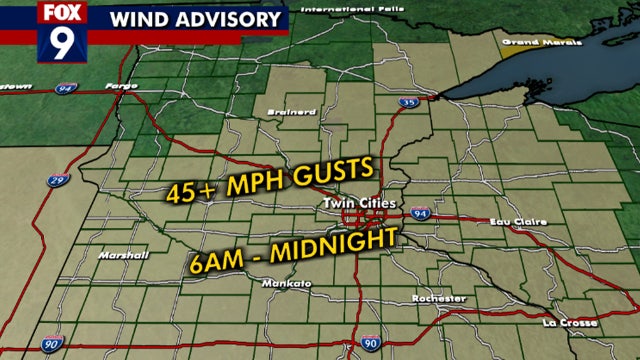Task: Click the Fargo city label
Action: tap(121, 85)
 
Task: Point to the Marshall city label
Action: tap(123, 255)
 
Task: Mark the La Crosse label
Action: tap(571, 323)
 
